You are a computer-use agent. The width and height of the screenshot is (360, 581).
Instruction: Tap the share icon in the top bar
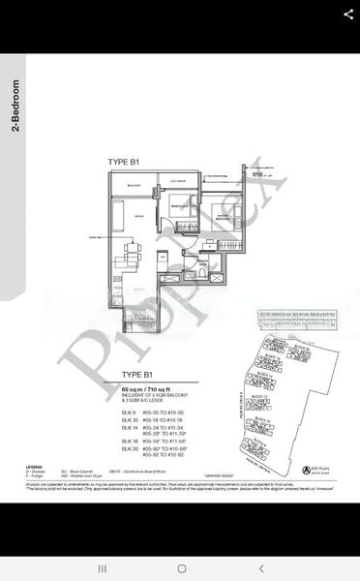[x=347, y=15]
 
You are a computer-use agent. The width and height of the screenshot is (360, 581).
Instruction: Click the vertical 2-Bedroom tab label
[x=15, y=105]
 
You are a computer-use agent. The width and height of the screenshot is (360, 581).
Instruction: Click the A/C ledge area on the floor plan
[x=178, y=180]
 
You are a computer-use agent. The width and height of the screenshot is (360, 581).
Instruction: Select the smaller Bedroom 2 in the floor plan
[x=177, y=207]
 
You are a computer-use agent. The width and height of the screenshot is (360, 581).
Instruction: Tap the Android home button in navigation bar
[x=180, y=568]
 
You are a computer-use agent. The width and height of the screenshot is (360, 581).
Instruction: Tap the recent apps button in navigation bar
[x=101, y=568]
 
